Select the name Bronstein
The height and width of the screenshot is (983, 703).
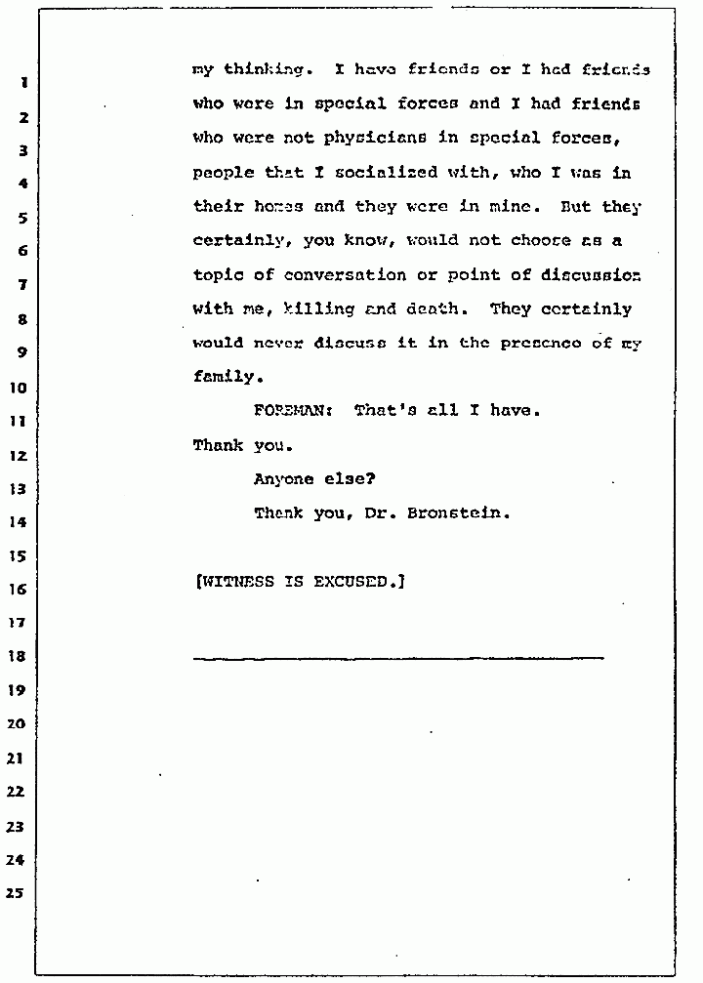(464, 512)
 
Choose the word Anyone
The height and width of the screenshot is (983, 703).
(283, 479)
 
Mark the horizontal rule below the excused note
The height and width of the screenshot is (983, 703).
(397, 657)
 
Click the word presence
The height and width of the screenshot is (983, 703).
(541, 343)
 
